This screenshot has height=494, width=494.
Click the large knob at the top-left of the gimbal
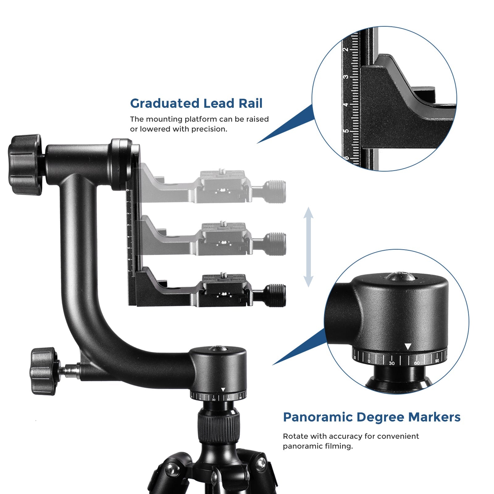tap(25, 165)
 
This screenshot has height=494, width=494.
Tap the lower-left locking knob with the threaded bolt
tap(43, 371)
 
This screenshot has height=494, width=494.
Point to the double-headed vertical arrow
tap(308, 247)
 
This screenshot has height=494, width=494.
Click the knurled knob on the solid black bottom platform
tap(275, 295)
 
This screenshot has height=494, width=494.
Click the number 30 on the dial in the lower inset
tap(391, 363)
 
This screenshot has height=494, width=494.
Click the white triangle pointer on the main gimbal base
tap(223, 390)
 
